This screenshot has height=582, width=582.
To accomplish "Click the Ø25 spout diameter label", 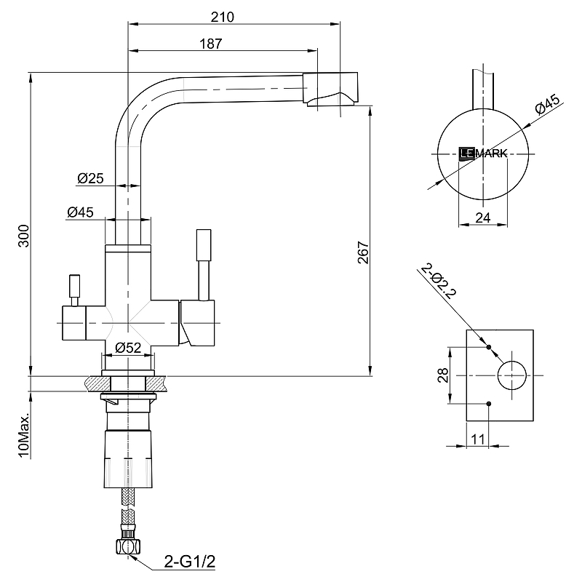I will point(89,178).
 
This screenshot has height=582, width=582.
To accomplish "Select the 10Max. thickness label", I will point(24,436).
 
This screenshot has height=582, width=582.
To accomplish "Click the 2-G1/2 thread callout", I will point(191,562).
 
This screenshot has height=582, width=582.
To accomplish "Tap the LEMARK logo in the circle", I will point(482,153).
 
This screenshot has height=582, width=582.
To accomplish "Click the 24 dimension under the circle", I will point(483,216).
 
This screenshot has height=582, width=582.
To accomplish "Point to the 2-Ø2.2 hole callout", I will point(438,283).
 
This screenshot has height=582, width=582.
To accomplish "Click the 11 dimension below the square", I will point(478,438).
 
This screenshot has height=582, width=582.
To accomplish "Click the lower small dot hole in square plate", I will point(488,404).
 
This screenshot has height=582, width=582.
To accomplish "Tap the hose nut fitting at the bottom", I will point(127,545).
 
